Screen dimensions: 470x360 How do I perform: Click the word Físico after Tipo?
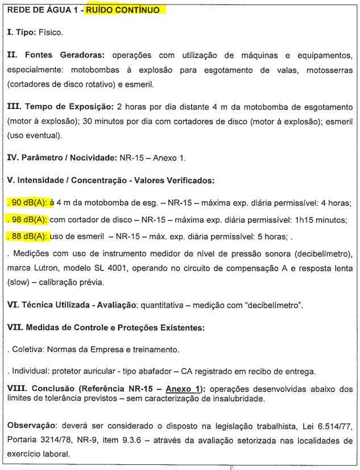(51, 33)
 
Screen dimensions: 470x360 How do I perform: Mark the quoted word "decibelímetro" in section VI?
(271, 306)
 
